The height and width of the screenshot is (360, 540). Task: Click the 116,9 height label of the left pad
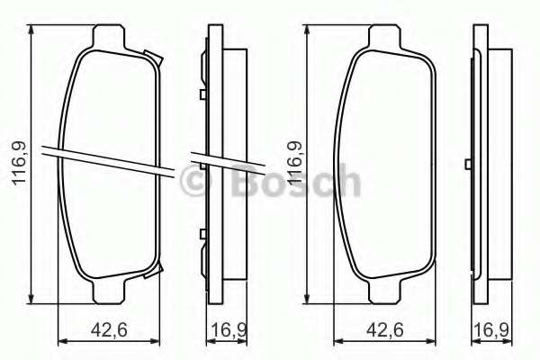pyautogui.click(x=20, y=163)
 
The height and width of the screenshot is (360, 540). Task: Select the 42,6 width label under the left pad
pyautogui.click(x=109, y=330)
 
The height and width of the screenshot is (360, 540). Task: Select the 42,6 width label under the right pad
pyautogui.click(x=384, y=330)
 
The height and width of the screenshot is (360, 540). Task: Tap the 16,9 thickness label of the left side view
pyautogui.click(x=229, y=330)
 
